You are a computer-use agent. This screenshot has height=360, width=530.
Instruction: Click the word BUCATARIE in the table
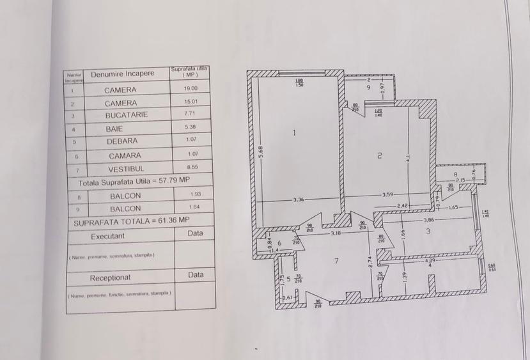[x=127, y=115]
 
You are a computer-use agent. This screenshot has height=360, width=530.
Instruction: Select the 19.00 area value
[x=191, y=89]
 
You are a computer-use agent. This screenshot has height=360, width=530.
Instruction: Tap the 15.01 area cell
[x=191, y=101]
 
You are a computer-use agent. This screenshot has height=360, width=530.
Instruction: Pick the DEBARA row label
[x=123, y=141]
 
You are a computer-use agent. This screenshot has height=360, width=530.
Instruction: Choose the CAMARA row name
[x=125, y=155]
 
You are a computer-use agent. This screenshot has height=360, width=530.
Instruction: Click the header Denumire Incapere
[x=123, y=74]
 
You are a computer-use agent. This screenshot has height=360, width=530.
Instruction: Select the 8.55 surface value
[x=191, y=168]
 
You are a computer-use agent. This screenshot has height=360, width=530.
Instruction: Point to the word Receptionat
[x=111, y=278]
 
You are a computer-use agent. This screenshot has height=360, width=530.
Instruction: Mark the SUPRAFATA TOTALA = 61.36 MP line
[x=131, y=221]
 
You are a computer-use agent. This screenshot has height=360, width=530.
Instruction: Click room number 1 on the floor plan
[x=293, y=133]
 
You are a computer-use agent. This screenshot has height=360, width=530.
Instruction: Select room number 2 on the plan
[x=379, y=155]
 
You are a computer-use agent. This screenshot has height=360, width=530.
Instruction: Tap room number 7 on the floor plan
[x=335, y=261]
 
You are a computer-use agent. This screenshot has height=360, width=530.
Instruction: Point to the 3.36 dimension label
[x=299, y=200]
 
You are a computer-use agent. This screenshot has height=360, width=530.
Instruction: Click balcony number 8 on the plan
[x=455, y=174]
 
